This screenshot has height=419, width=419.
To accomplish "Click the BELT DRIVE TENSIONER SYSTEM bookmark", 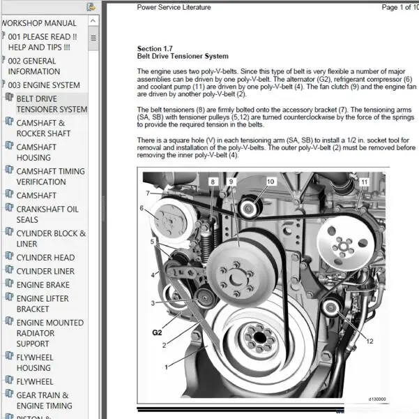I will pos(52,104).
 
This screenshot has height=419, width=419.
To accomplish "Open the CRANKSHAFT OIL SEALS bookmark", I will pos(47,214).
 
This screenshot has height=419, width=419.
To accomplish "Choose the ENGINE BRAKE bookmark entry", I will pos(43,285).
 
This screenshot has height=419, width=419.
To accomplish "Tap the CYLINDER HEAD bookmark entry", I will pos(45,257).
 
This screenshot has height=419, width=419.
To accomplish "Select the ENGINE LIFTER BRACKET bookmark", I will pos(43,304).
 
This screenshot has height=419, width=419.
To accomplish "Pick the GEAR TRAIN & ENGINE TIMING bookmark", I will pos(44,400).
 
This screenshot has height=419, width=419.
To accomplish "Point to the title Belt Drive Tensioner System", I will pos(182,57).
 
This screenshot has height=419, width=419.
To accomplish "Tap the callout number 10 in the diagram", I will pos(271,182).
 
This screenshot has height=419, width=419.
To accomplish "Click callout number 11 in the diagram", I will pos(364,182).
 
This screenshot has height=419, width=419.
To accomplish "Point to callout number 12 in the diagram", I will pos(369,341).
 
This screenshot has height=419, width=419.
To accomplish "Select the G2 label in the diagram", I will pos(157,332).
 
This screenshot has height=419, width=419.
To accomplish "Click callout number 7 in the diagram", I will pos(148,193).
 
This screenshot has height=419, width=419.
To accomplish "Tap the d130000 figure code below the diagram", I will pos(377,400).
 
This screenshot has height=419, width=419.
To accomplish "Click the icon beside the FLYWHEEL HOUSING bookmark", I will pos(10,358).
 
